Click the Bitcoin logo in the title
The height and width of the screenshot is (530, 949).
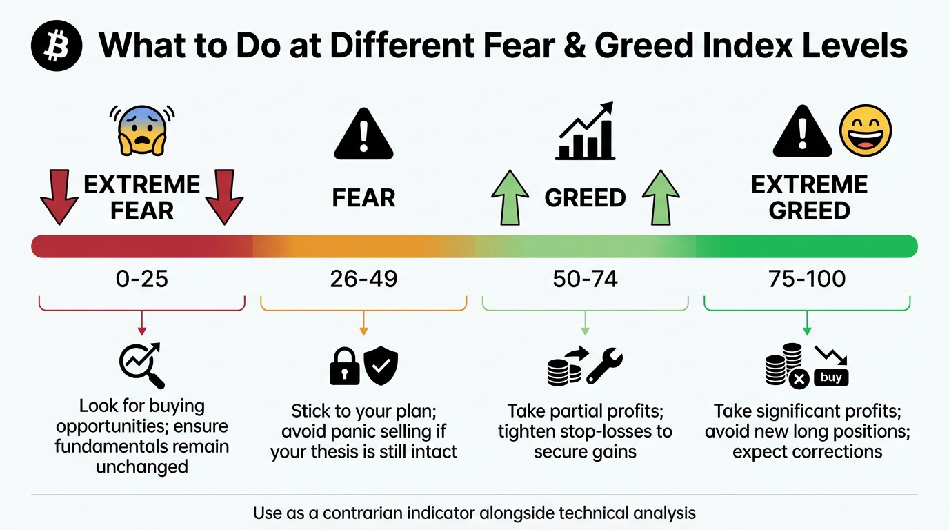pyautogui.click(x=57, y=46)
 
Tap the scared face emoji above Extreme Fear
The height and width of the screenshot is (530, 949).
pyautogui.click(x=142, y=129)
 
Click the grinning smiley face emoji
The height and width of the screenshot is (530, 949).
pyautogui.click(x=865, y=131)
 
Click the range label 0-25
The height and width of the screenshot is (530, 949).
pyautogui.click(x=141, y=279)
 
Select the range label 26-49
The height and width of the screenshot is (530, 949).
pyautogui.click(x=363, y=279)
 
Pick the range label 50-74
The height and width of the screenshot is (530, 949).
pyautogui.click(x=585, y=279)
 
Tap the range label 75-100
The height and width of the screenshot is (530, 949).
pyautogui.click(x=807, y=279)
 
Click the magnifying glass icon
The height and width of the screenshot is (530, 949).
pyautogui.click(x=141, y=366)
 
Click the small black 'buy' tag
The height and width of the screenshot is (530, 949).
pyautogui.click(x=831, y=377)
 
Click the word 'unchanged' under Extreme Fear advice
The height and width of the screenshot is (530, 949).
pyautogui.click(x=141, y=467)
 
